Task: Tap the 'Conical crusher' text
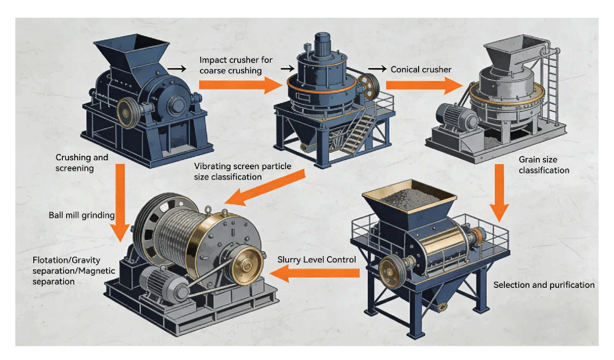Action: [421, 69]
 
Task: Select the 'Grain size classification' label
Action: [543, 165]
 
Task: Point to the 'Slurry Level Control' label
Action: [316, 260]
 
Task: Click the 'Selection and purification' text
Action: [543, 285]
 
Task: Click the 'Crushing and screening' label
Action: [75, 163]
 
